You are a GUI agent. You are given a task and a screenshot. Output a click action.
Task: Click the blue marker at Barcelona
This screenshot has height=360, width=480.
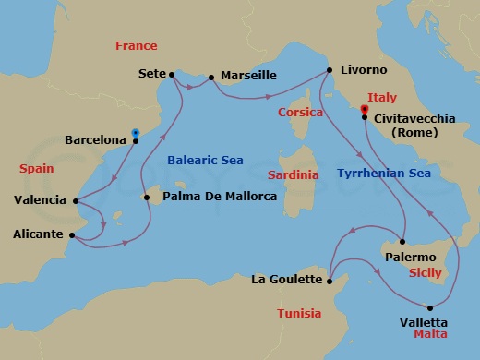136,134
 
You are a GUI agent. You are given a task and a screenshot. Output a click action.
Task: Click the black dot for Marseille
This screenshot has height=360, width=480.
211,78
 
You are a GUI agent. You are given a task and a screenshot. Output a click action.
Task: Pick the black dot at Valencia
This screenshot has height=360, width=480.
74,200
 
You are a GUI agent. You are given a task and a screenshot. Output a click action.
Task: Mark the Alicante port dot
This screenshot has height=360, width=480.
72,234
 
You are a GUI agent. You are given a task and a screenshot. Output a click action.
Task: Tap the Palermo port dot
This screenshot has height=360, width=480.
402,242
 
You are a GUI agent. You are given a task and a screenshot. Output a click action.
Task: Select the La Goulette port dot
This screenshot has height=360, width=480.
330,279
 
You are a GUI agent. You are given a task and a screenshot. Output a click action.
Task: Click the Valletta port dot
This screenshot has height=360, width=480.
430,307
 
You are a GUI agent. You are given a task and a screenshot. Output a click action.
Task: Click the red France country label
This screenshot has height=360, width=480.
136,45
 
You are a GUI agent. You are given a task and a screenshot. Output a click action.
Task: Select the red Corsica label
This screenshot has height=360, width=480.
300,112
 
